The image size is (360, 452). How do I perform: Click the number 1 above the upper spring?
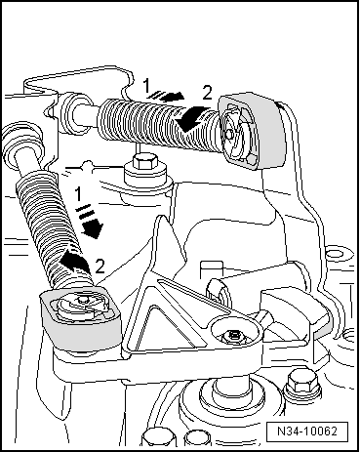[x=147, y=87]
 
